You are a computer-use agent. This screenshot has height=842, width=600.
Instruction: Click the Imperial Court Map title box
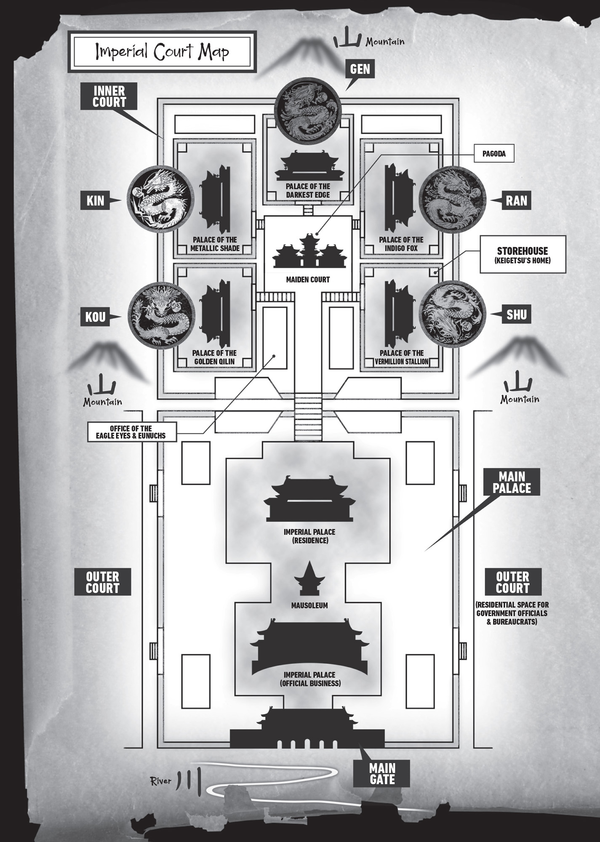click(162, 52)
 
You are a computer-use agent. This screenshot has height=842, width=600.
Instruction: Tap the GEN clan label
click(360, 69)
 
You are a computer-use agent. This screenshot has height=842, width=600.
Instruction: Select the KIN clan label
click(95, 200)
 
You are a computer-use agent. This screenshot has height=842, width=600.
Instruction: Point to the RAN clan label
click(516, 200)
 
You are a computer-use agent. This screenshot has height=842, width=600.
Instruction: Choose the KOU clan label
click(95, 317)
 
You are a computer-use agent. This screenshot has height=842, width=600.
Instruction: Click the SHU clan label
click(516, 314)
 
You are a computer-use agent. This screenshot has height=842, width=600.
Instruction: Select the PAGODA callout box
click(494, 154)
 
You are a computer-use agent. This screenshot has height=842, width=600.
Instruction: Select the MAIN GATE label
click(382, 774)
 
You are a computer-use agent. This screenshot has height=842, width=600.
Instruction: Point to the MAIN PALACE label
click(512, 482)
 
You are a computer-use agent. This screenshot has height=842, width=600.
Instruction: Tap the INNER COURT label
click(109, 96)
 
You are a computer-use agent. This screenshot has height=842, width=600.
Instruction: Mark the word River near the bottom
click(161, 781)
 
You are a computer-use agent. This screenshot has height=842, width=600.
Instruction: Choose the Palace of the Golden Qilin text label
click(214, 357)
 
